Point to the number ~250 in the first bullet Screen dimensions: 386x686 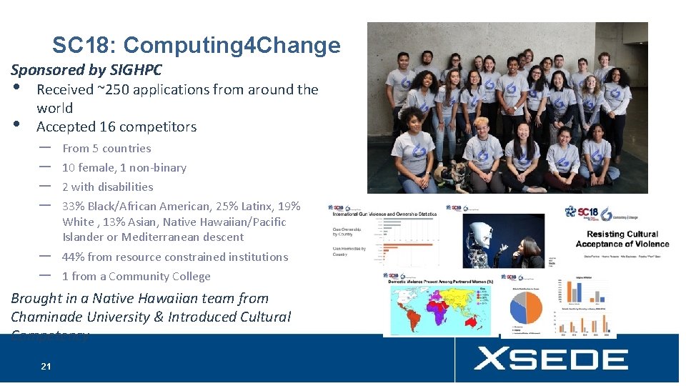114,89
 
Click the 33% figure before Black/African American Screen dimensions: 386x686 74,207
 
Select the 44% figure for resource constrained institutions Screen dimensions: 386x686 74,257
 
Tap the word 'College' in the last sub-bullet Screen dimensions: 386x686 190,277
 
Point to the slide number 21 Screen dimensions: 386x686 46,367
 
